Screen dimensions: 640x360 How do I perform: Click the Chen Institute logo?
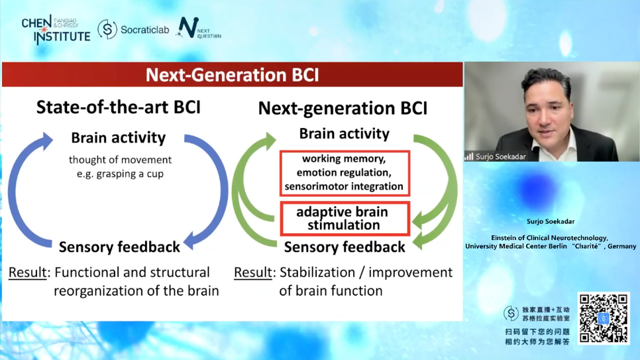click(x=56, y=29)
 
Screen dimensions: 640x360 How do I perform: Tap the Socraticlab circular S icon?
click(x=107, y=29)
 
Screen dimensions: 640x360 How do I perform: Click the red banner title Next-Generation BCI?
click(x=233, y=75)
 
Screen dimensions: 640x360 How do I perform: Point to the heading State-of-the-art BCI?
click(x=119, y=107)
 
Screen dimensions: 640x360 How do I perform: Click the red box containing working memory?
click(x=345, y=173)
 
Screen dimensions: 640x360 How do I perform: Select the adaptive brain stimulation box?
click(x=345, y=219)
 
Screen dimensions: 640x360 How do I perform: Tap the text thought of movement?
click(x=120, y=160)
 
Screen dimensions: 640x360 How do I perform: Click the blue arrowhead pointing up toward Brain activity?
click(x=46, y=141)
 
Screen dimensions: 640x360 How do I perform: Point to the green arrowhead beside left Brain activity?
click(x=269, y=141)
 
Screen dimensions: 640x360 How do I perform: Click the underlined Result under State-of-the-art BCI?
click(x=28, y=272)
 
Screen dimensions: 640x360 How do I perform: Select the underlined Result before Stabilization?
click(x=253, y=272)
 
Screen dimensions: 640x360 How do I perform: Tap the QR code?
click(x=604, y=318)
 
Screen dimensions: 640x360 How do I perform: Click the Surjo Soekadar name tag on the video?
click(x=496, y=156)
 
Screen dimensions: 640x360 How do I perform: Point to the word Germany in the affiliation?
click(x=621, y=247)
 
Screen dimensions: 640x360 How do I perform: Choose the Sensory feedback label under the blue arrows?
click(x=119, y=247)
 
